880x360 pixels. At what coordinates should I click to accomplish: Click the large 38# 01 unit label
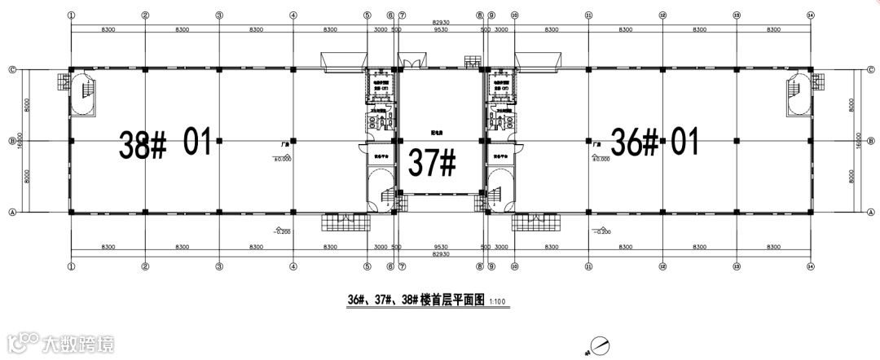165,143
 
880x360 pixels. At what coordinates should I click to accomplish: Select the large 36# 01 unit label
656,143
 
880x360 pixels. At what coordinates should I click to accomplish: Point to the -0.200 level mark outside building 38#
282,231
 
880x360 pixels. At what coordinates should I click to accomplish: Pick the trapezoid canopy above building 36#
537,62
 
